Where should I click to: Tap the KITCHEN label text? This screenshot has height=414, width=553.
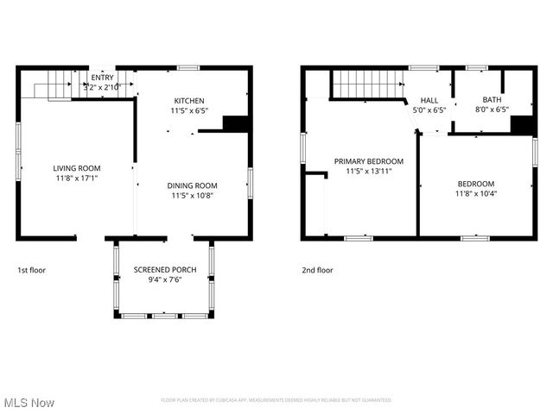tap(188, 100)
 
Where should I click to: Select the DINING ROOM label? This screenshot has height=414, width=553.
tap(192, 185)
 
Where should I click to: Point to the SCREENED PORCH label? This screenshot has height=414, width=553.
tap(164, 270)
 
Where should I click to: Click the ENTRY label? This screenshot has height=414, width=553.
tap(101, 78)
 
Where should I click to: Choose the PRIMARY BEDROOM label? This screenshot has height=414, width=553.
tap(368, 161)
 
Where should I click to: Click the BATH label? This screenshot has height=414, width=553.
tap(491, 100)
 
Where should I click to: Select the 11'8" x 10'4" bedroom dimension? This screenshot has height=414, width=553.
tap(476, 193)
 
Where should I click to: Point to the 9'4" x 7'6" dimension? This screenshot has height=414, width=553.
tap(164, 279)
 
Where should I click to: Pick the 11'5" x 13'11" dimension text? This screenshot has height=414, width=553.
tap(368, 171)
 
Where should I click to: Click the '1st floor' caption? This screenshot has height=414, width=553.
tap(32, 270)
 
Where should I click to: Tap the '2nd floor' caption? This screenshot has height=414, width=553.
tap(317, 270)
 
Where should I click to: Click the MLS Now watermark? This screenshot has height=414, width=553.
tap(29, 403)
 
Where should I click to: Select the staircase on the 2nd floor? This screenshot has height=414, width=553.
tap(367, 85)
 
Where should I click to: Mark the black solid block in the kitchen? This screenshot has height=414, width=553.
tap(236, 122)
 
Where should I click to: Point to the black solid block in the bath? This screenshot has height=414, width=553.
tap(522, 124)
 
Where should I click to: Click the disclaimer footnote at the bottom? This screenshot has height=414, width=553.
tap(276, 400)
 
